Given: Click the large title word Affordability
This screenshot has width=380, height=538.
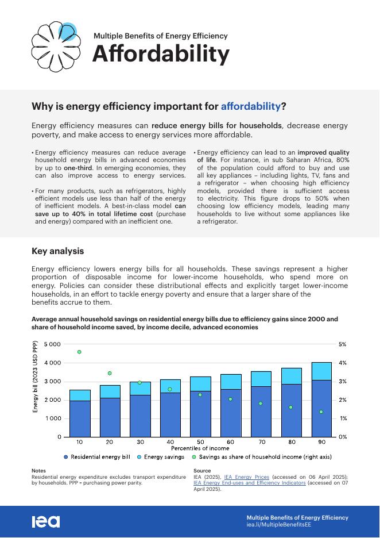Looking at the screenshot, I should click(x=161, y=54).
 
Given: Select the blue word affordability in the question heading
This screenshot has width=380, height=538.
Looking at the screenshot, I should click(x=251, y=106).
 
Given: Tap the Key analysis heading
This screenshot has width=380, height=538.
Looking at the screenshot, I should click(x=57, y=251).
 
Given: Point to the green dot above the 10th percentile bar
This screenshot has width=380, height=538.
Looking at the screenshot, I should click(x=79, y=352).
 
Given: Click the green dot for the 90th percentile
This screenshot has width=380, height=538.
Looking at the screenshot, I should click(x=321, y=412).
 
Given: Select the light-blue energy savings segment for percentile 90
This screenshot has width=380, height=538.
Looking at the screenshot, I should click(x=321, y=371).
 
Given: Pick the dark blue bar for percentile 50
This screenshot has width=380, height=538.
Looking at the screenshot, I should click(x=200, y=414).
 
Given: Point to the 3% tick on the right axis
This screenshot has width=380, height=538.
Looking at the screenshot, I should click(x=342, y=382).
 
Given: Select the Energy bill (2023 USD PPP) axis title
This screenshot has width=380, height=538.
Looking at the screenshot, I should click(x=35, y=377).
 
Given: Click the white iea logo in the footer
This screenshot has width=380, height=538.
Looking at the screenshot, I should click(x=45, y=521).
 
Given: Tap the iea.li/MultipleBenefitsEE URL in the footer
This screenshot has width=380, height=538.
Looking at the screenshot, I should click(x=278, y=525).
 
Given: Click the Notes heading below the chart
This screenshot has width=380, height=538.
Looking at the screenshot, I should click(x=38, y=471).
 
